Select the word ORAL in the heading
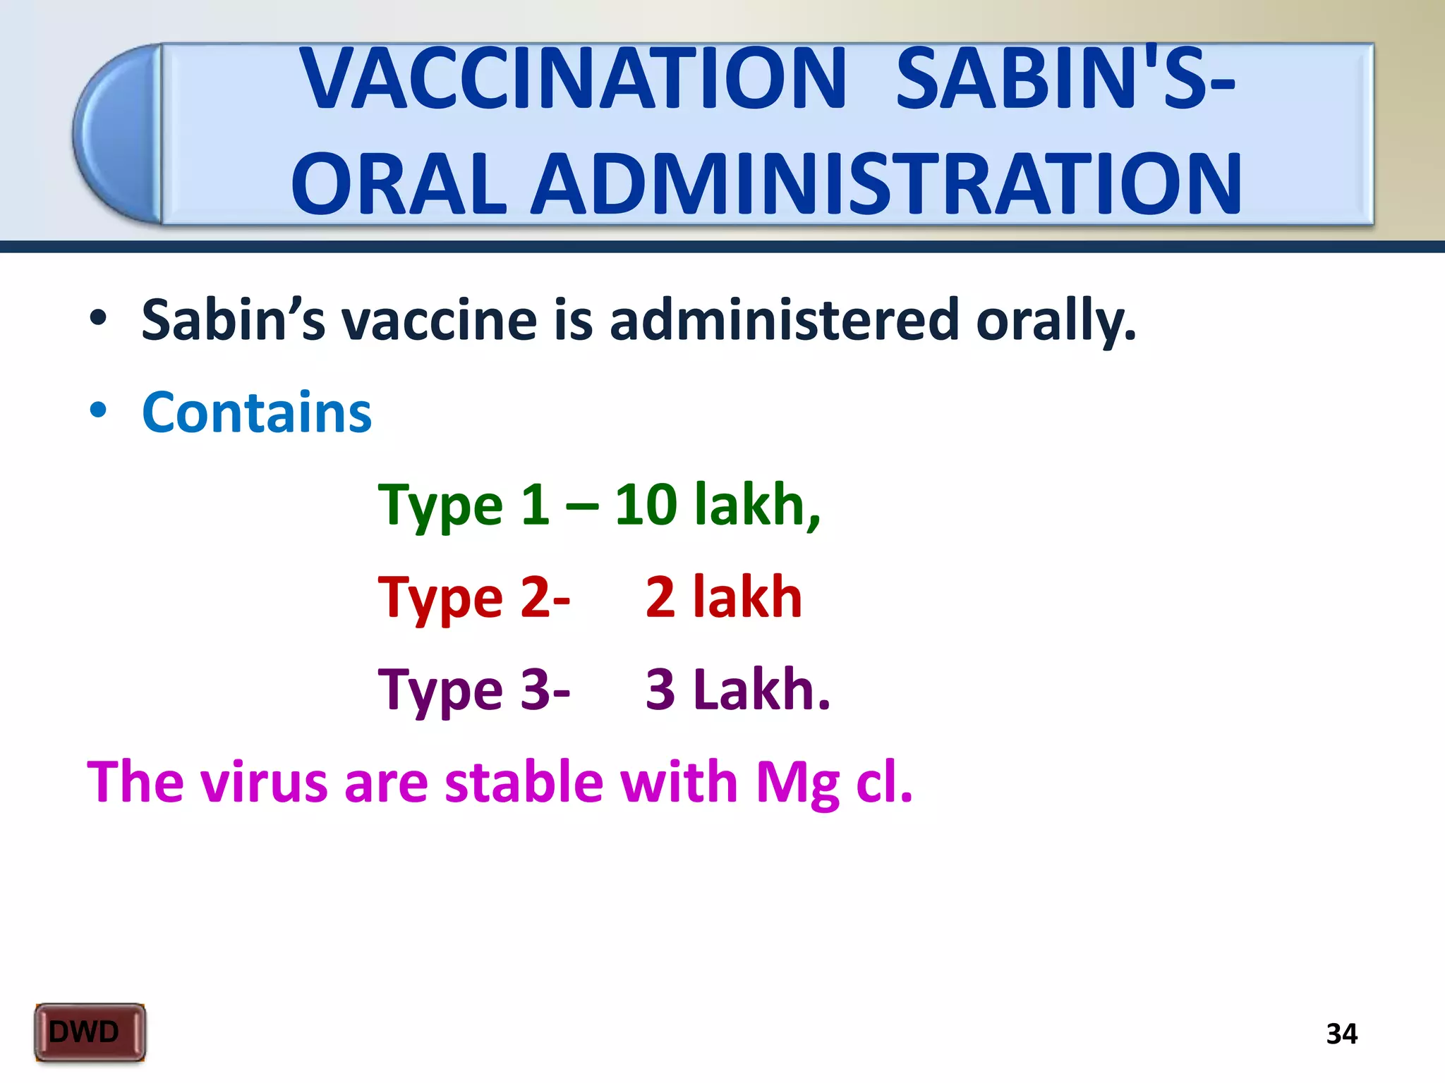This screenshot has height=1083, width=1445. [399, 185]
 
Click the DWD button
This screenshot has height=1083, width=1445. [90, 1032]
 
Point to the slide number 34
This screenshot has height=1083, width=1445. [1341, 1034]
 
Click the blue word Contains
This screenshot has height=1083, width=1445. [257, 412]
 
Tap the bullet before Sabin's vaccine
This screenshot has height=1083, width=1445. [98, 319]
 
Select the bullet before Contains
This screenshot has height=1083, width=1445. [98, 411]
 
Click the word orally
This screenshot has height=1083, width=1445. [1056, 321]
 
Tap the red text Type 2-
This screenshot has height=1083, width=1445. [473, 598]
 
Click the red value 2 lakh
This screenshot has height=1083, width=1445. [724, 597]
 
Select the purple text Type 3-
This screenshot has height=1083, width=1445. [473, 690]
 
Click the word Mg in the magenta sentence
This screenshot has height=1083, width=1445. [797, 783]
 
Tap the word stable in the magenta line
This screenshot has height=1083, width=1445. [524, 783]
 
